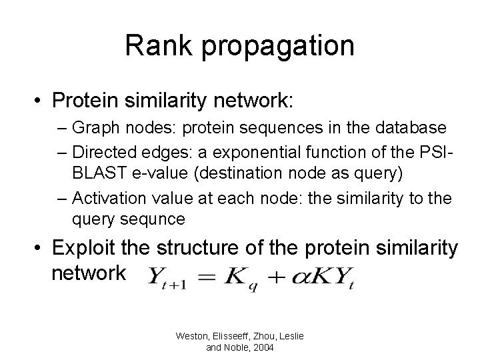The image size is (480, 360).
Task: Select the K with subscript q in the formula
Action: click(245, 276)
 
